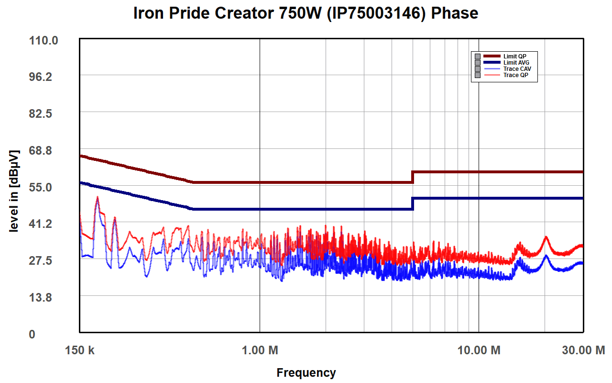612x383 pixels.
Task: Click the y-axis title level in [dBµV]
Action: pyautogui.click(x=14, y=191)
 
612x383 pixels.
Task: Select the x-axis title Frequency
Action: pyautogui.click(x=306, y=372)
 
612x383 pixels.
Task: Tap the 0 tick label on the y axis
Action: pyautogui.click(x=32, y=334)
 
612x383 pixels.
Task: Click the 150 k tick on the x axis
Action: pyautogui.click(x=80, y=350)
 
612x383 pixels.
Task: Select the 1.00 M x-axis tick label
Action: pyautogui.click(x=260, y=350)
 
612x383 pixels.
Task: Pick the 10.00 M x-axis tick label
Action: pyautogui.click(x=479, y=350)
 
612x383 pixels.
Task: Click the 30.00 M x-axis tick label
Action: pyautogui.click(x=583, y=350)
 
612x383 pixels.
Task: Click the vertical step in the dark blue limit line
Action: pyautogui.click(x=413, y=203)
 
